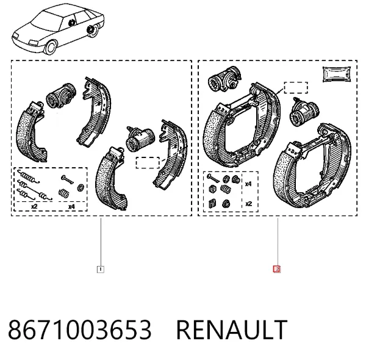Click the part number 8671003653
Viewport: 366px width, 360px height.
(x=80, y=329)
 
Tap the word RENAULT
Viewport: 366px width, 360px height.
(x=232, y=329)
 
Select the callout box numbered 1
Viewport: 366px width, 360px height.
(x=101, y=270)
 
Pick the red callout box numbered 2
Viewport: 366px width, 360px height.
(x=277, y=269)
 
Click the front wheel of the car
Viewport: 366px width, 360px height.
(x=51, y=47)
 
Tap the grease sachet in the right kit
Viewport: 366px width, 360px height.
(x=337, y=74)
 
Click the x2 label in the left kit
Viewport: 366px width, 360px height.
(x=34, y=206)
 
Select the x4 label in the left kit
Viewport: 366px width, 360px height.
(x=71, y=207)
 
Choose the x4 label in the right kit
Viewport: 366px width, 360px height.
(x=248, y=184)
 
